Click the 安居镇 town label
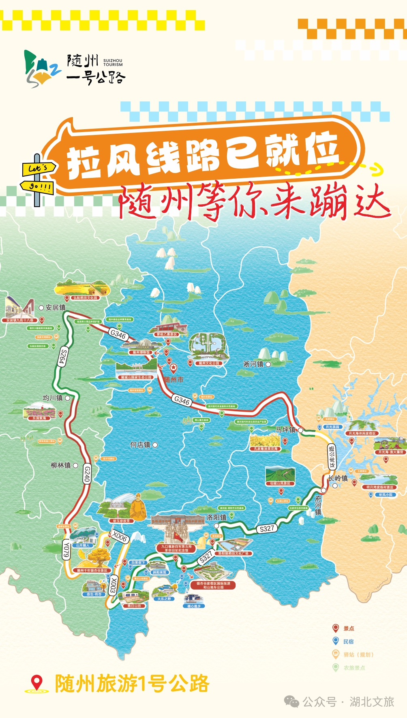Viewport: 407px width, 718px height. (56, 308)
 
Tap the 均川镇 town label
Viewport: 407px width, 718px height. (53, 398)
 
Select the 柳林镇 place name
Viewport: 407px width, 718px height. (60, 465)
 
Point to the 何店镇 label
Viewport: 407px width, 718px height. (140, 444)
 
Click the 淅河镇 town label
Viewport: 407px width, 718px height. (253, 364)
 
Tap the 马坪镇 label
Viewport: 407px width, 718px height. (286, 430)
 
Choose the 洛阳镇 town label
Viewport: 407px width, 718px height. (216, 517)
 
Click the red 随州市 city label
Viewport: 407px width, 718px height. (174, 380)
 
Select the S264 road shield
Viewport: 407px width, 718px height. (63, 357)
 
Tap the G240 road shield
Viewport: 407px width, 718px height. (87, 474)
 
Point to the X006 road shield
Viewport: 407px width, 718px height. (120, 537)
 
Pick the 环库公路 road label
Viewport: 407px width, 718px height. (332, 457)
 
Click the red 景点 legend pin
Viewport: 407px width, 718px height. (335, 628)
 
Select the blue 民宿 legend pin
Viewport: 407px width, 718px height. (335, 641)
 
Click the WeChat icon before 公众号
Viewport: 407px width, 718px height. (291, 701)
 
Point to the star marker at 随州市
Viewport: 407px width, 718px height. (174, 368)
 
